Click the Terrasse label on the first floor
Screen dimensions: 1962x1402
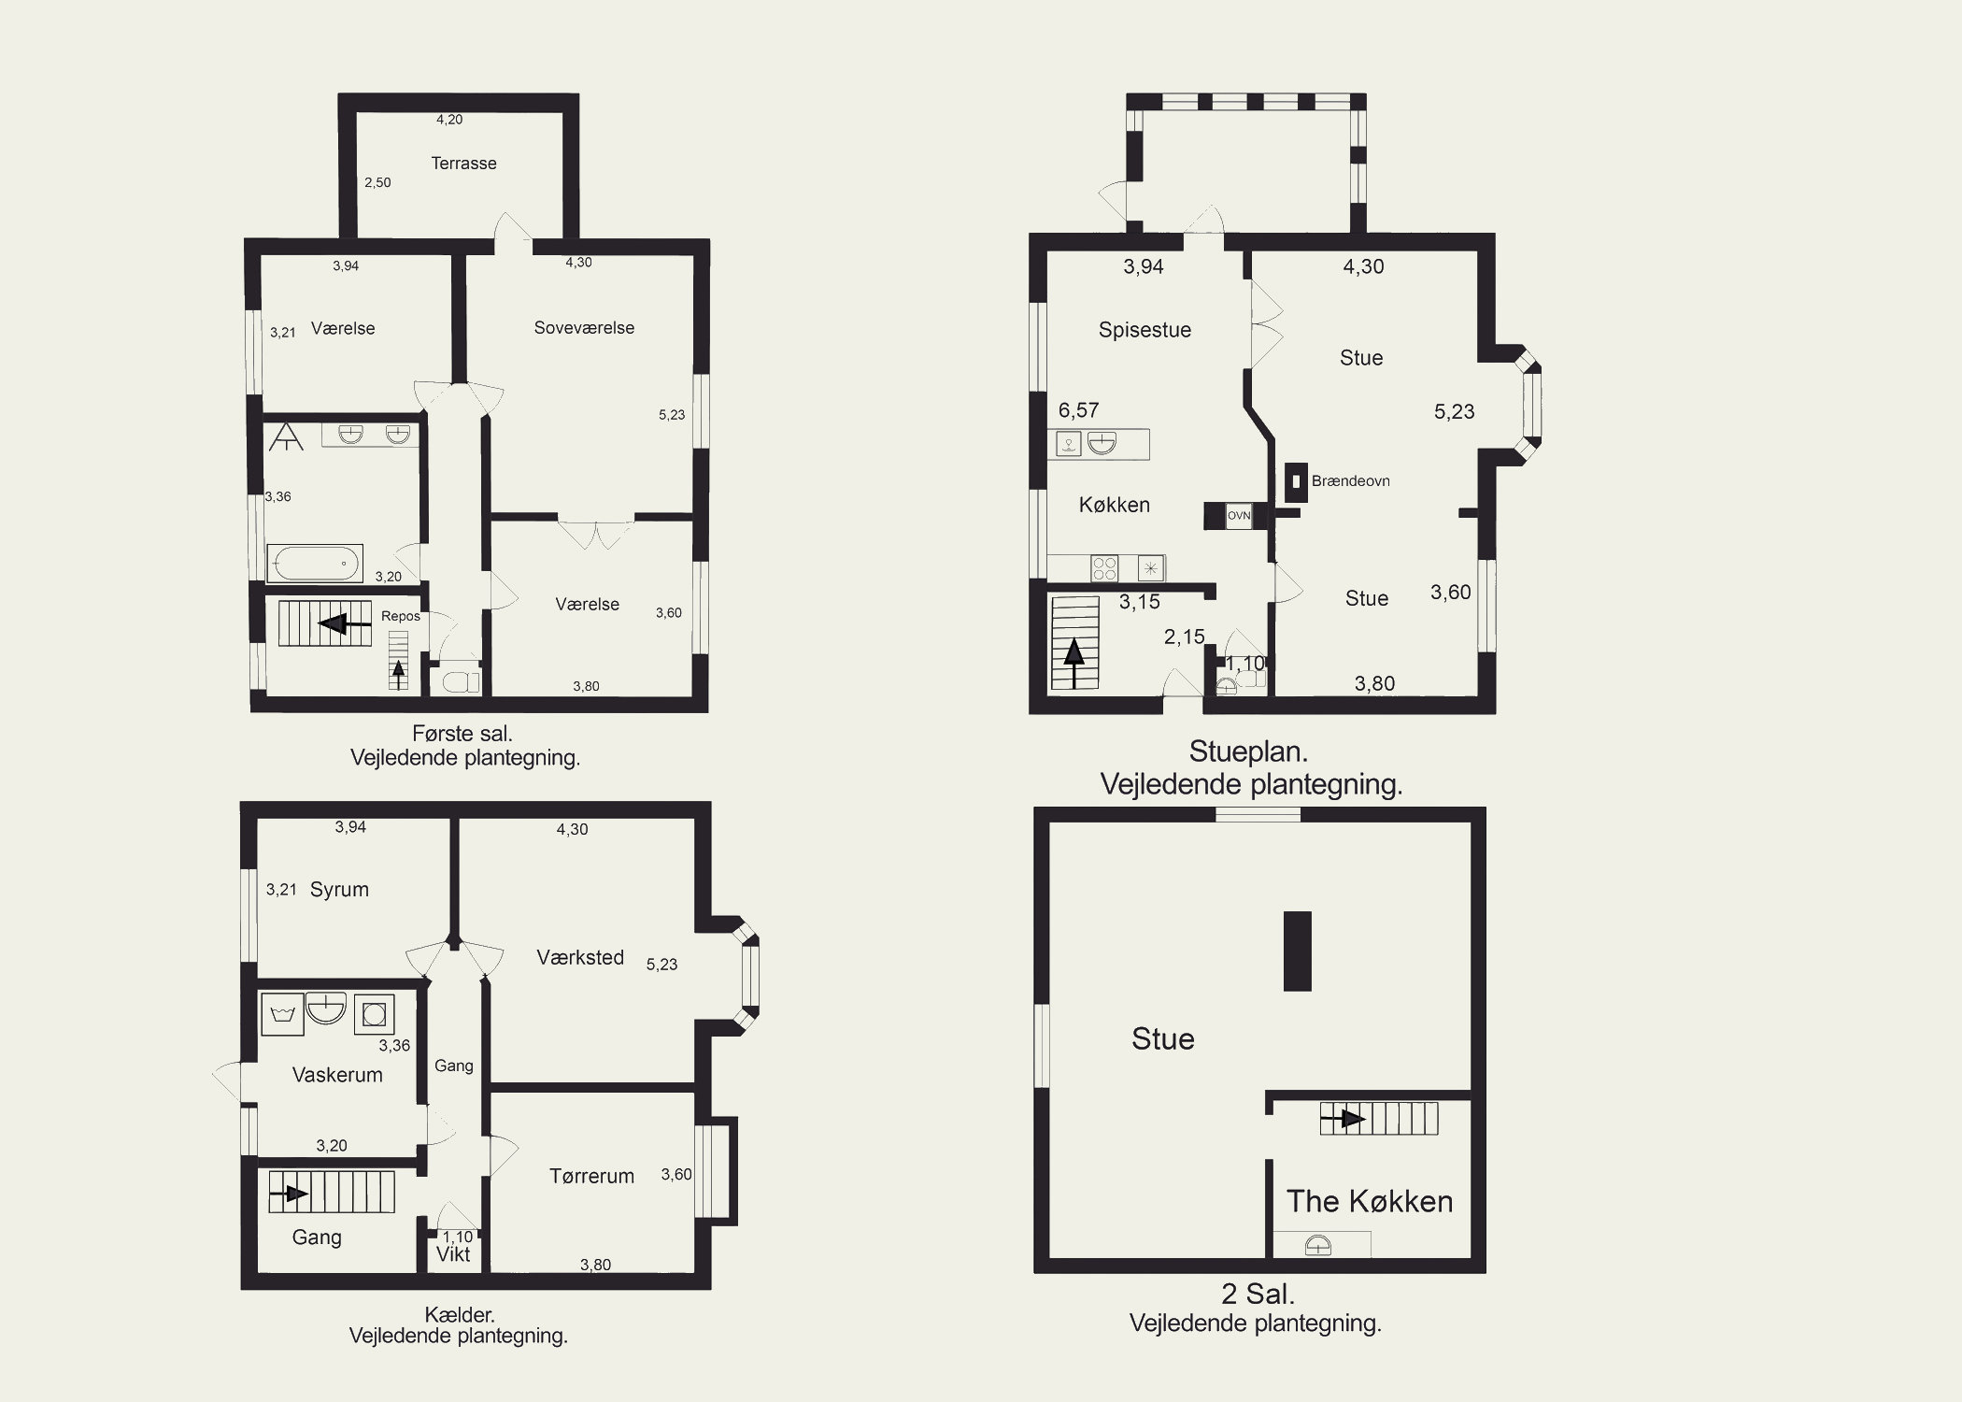(x=463, y=164)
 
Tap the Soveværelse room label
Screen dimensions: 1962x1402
(x=584, y=328)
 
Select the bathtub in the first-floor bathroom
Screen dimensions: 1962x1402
(x=315, y=563)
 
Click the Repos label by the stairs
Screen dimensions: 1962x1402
(x=401, y=617)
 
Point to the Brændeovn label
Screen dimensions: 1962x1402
(x=1351, y=481)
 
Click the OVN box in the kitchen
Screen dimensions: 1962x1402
(x=1239, y=516)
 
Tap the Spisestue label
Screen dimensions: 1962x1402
(x=1144, y=330)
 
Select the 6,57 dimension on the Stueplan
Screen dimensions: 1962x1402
(x=1078, y=410)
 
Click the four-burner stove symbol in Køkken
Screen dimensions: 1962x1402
(x=1104, y=568)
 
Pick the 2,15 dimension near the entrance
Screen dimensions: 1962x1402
(x=1184, y=637)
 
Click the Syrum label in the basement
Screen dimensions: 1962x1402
(x=339, y=890)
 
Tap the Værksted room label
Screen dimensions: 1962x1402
(x=580, y=957)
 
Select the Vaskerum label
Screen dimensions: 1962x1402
(x=337, y=1075)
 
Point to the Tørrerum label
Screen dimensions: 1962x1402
(x=591, y=1176)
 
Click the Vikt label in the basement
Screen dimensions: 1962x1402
(x=453, y=1254)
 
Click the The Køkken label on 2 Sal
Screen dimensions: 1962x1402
(x=1370, y=1201)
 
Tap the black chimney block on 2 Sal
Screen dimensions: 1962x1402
(x=1298, y=951)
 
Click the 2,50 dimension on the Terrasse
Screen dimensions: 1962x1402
(x=377, y=183)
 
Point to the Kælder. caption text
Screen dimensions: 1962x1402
(x=459, y=1316)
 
